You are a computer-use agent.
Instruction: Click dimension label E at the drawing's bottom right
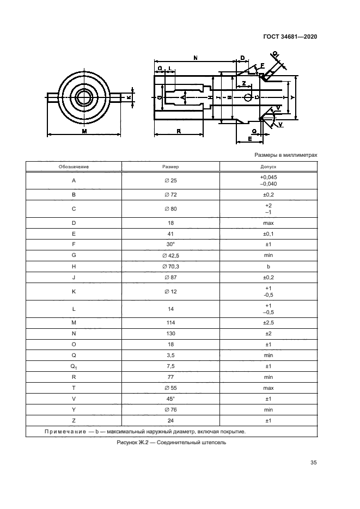[249, 139]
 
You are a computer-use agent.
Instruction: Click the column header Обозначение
[74, 167]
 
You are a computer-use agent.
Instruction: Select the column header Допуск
[268, 167]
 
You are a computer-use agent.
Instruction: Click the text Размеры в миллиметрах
[286, 155]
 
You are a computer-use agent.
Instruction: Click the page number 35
[314, 463]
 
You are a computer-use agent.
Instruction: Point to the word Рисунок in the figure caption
[129, 442]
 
